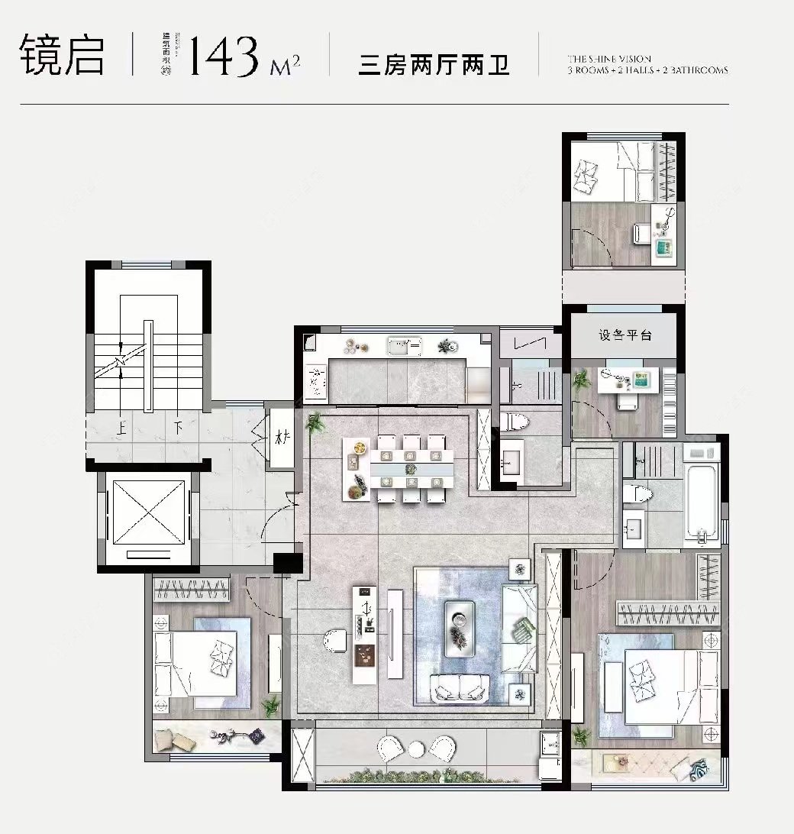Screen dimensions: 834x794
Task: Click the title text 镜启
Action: pos(63,55)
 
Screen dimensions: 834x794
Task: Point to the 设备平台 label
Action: pos(625,335)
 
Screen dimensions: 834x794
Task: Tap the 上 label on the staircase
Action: pos(121,428)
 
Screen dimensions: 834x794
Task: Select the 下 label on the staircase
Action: pos(177,428)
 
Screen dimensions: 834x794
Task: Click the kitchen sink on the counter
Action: pos(404,347)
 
